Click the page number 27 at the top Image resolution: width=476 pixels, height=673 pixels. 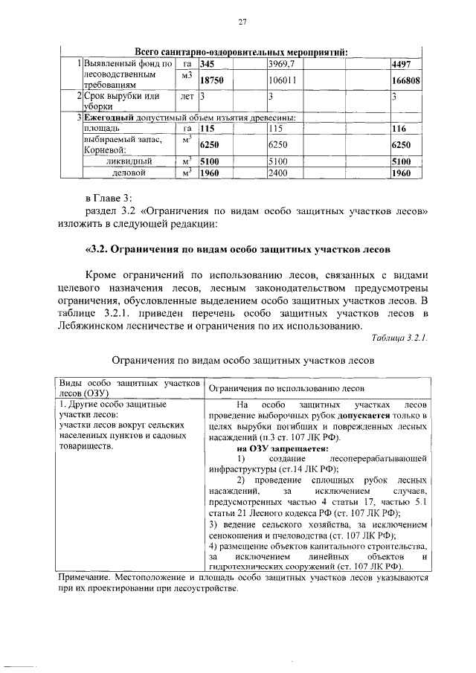point(242,22)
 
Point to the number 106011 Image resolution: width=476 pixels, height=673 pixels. point(283,81)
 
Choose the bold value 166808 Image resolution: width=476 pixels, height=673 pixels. point(407,81)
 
